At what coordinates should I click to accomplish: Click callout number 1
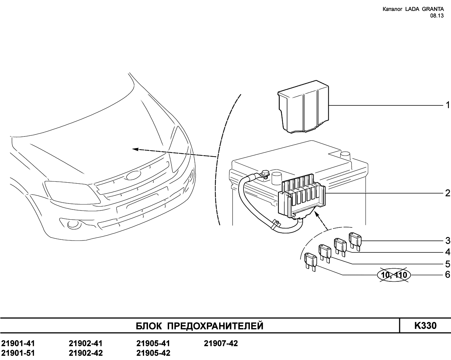[447, 105]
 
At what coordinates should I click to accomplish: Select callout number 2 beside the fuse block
[447, 193]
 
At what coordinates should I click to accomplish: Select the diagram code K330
[425, 326]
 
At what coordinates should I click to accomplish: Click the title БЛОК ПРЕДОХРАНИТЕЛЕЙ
[199, 326]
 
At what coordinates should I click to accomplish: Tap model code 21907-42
[221, 343]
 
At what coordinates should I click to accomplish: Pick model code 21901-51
[18, 353]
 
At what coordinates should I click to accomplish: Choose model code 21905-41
[153, 343]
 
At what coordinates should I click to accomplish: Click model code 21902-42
[86, 353]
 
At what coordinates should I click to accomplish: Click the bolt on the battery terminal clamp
[265, 173]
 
